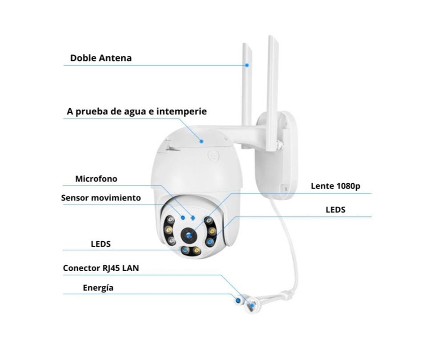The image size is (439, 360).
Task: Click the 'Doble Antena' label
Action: click(x=101, y=58)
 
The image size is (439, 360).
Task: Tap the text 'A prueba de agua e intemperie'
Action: click(x=137, y=111)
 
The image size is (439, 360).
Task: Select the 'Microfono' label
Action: click(x=96, y=179)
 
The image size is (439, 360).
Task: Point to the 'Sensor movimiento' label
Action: click(x=101, y=198)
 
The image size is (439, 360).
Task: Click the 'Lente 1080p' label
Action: click(x=335, y=186)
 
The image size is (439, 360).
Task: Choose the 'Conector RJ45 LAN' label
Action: click(x=101, y=268)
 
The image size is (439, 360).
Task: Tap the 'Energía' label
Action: click(x=98, y=288)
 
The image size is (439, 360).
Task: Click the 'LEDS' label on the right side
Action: click(x=335, y=210)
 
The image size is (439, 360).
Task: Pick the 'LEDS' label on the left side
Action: click(x=101, y=244)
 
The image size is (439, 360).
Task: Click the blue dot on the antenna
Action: click(x=247, y=65)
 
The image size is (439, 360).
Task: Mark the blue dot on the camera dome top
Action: click(x=201, y=141)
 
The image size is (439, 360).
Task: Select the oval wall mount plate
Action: click(x=277, y=155)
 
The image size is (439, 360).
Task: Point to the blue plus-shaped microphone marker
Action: click(x=192, y=218)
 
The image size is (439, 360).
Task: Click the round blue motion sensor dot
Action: click(x=183, y=217)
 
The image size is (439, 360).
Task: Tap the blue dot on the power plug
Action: click(x=238, y=300)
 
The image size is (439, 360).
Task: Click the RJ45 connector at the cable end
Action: click(x=252, y=305)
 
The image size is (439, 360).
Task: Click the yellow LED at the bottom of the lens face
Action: click(x=197, y=250)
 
